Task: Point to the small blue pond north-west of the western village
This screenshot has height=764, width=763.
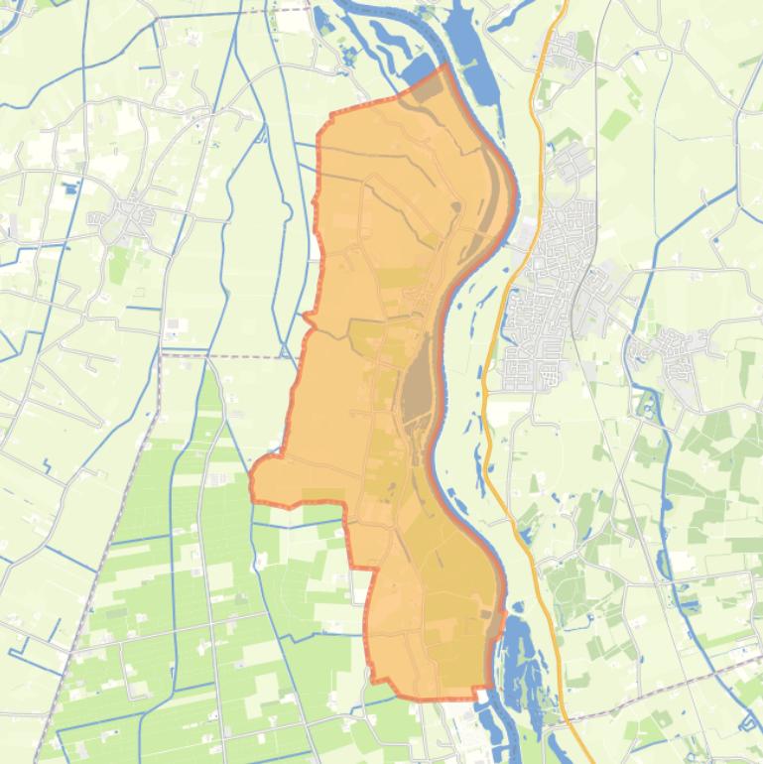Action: click(x=69, y=187)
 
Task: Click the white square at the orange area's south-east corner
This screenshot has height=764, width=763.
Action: click(x=485, y=695)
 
